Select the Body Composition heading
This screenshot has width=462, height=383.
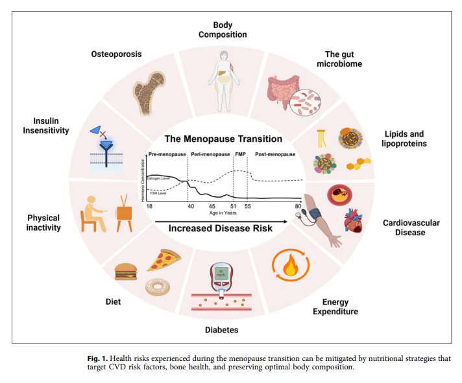tap(222, 29)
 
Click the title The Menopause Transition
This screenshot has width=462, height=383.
tap(223, 139)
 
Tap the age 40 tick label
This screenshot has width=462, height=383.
tap(190, 205)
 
